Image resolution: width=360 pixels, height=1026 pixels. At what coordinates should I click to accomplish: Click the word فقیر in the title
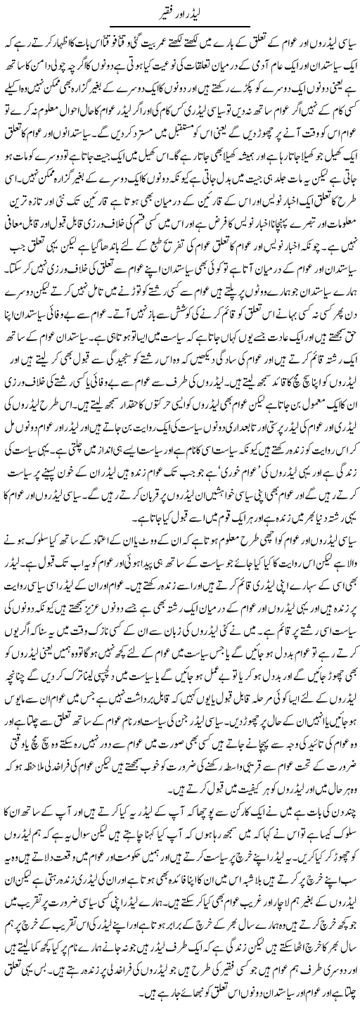[x=160, y=11]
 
